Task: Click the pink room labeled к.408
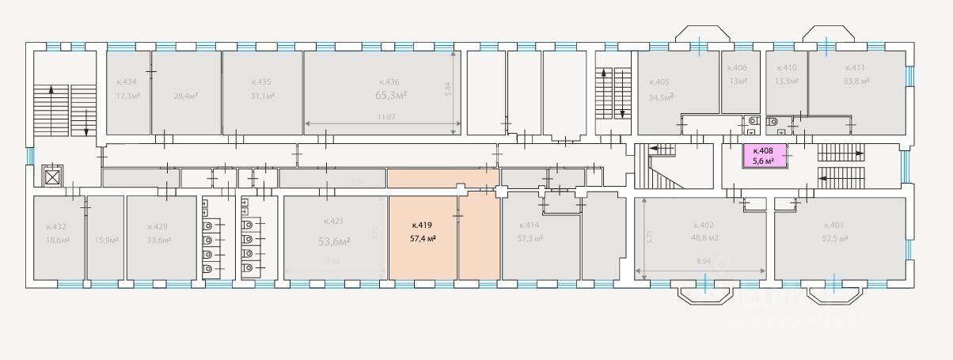point(764,156)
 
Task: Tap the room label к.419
point(420,225)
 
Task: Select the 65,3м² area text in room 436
point(391,96)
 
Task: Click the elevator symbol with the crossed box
point(52,176)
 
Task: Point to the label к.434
point(127,82)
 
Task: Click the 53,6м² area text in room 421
point(334,241)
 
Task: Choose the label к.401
point(834,225)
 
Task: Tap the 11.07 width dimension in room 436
point(385,117)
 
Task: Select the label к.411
point(856,68)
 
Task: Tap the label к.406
point(737,68)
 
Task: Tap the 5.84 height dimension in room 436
point(447,89)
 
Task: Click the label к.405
point(659,82)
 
